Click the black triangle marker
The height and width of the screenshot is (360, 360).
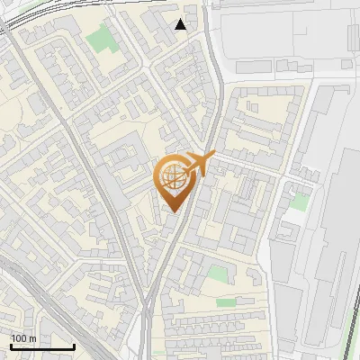click(x=181, y=24)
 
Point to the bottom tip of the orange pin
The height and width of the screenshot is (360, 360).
click(x=172, y=211)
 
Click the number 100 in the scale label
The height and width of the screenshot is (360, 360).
click(x=19, y=338)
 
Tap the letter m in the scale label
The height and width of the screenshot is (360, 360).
click(x=33, y=338)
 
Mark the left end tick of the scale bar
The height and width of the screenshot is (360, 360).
click(x=11, y=346)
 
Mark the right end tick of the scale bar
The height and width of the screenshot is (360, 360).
click(x=74, y=346)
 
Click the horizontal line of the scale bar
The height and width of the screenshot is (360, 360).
click(x=42, y=347)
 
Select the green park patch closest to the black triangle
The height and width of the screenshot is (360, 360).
click(x=102, y=40)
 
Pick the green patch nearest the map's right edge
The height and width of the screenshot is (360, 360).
click(x=301, y=202)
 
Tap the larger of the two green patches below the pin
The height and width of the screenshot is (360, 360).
click(x=218, y=274)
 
